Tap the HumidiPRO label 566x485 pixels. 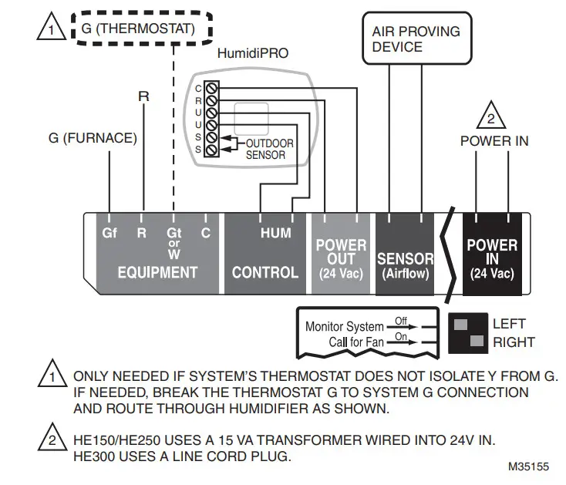pyautogui.click(x=253, y=53)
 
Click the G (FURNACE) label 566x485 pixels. pyautogui.click(x=93, y=138)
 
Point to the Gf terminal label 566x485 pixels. pyautogui.click(x=109, y=233)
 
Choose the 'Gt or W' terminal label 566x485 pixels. pyautogui.click(x=174, y=243)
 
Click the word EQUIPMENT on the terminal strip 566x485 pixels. pyautogui.click(x=158, y=272)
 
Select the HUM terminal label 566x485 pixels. pyautogui.click(x=276, y=233)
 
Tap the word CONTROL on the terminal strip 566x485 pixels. pyautogui.click(x=265, y=272)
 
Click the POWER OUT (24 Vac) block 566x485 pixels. pyautogui.click(x=341, y=254)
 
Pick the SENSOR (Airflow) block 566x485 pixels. pyautogui.click(x=405, y=254)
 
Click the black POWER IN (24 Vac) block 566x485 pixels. pyautogui.click(x=493, y=254)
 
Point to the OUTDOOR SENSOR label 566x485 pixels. pyautogui.click(x=270, y=149)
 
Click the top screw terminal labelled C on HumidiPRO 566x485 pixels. pyautogui.click(x=211, y=88)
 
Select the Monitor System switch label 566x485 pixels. pyautogui.click(x=345, y=327)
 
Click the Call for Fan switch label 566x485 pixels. pyautogui.click(x=356, y=342)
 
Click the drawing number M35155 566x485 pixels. pyautogui.click(x=528, y=466)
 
